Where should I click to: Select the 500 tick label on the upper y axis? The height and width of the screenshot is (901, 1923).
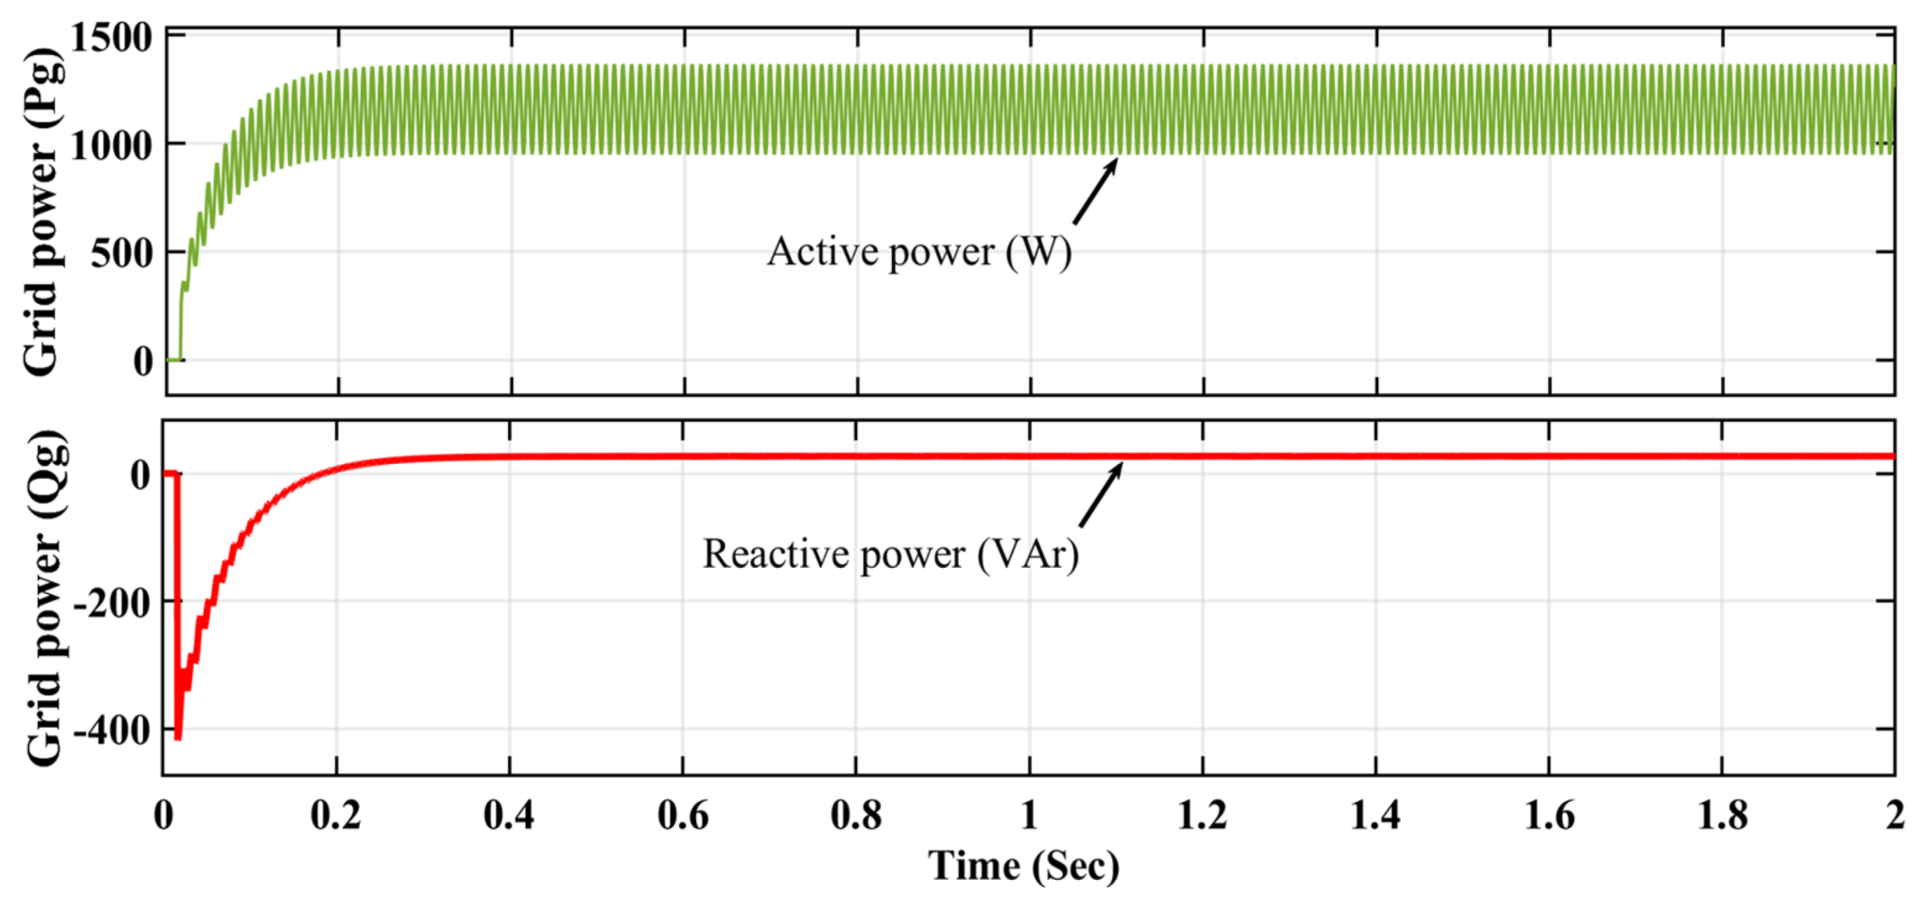[x=121, y=254]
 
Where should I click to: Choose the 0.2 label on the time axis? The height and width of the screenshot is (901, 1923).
[x=336, y=815]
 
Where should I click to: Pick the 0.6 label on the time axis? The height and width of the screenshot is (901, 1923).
[x=682, y=815]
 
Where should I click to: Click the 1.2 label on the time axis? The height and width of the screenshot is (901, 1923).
[x=1202, y=815]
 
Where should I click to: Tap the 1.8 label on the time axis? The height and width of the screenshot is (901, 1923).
[x=1722, y=815]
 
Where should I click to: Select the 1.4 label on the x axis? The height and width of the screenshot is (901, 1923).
[x=1375, y=815]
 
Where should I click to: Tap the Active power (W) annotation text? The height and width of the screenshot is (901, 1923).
[x=919, y=252]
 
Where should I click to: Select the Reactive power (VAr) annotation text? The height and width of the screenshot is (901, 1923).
[x=891, y=555]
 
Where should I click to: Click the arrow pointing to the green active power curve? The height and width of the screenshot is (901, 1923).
[x=1095, y=191]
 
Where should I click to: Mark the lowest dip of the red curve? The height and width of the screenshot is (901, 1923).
[x=178, y=736]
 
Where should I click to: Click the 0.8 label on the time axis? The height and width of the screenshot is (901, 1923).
[x=855, y=815]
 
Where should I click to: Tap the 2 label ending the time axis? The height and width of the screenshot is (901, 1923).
[x=1894, y=815]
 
